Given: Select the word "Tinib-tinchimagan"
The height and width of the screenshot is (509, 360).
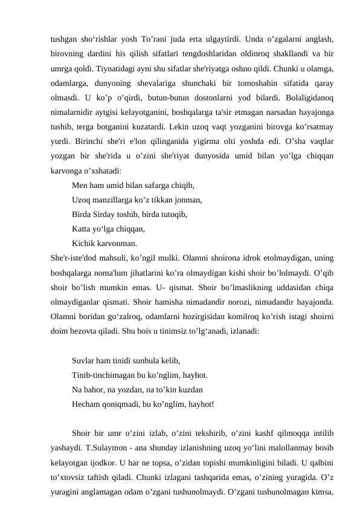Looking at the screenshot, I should [x=101, y=375].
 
